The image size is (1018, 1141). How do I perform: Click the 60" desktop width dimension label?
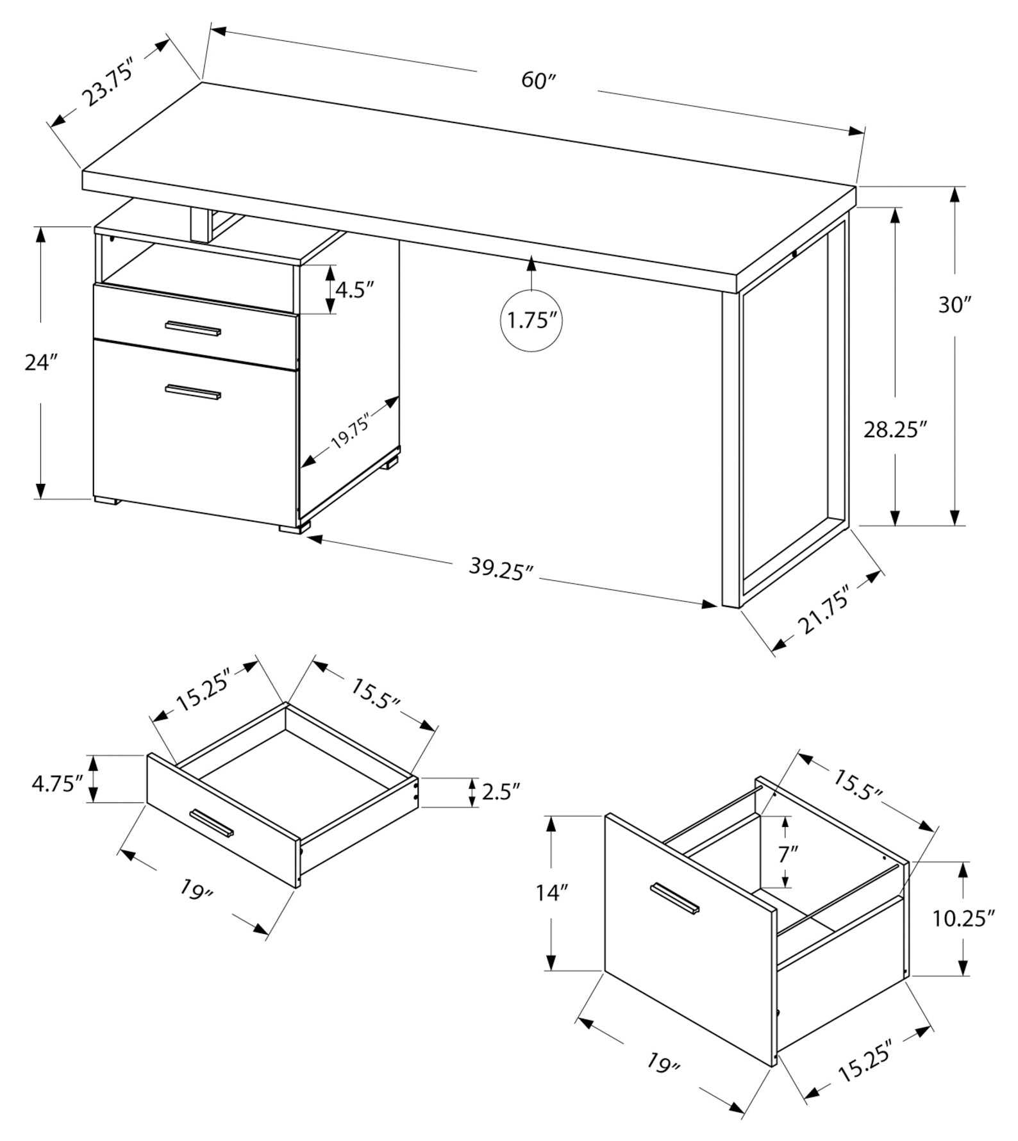click(x=537, y=81)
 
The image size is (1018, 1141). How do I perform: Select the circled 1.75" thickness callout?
click(x=531, y=320)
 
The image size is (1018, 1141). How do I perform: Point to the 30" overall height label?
click(x=955, y=305)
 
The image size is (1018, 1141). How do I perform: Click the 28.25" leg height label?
click(x=896, y=429)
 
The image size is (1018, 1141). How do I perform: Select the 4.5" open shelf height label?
click(x=355, y=290)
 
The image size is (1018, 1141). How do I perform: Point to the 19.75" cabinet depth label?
click(x=351, y=433)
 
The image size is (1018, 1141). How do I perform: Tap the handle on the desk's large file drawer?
click(x=193, y=392)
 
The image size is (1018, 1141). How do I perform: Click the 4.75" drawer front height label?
click(x=58, y=784)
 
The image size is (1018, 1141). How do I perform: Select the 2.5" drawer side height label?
click(x=500, y=792)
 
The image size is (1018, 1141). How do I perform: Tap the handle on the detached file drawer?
click(x=674, y=897)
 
